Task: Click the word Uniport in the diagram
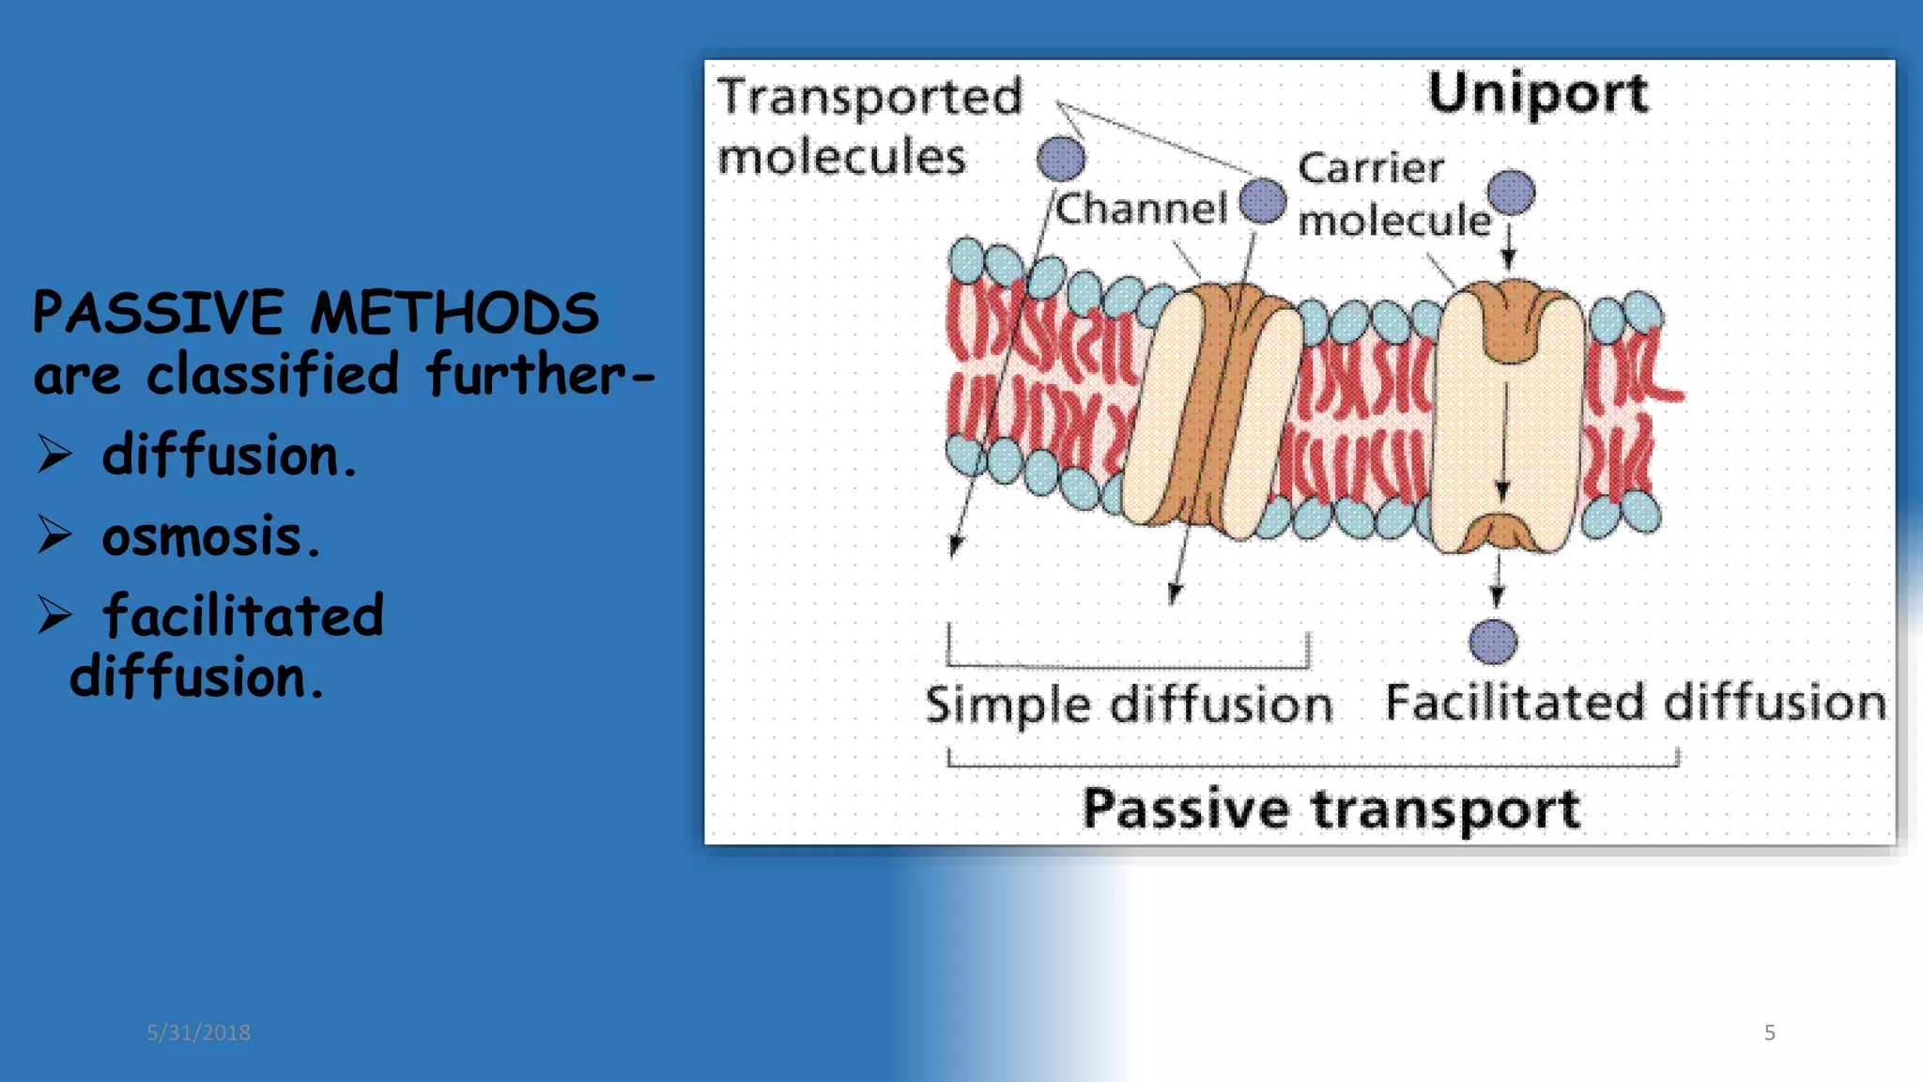(x=1537, y=93)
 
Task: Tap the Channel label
(x=1141, y=209)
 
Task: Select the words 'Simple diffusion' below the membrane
(x=1129, y=704)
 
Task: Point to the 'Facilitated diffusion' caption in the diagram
(x=1636, y=703)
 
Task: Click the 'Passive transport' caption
(x=1331, y=809)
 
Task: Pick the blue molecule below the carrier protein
(x=1493, y=642)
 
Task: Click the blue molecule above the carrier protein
(x=1511, y=193)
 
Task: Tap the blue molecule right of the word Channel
(x=1262, y=201)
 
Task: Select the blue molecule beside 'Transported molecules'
(x=1061, y=158)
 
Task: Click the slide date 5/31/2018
(x=198, y=1032)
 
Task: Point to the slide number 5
(x=1769, y=1032)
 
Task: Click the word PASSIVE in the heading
(x=158, y=313)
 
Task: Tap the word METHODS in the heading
(x=454, y=313)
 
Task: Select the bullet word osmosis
(x=210, y=537)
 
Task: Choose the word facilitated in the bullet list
(x=243, y=616)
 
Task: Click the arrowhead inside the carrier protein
(x=1502, y=490)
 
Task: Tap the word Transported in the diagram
(x=869, y=97)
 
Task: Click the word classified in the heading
(x=272, y=374)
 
